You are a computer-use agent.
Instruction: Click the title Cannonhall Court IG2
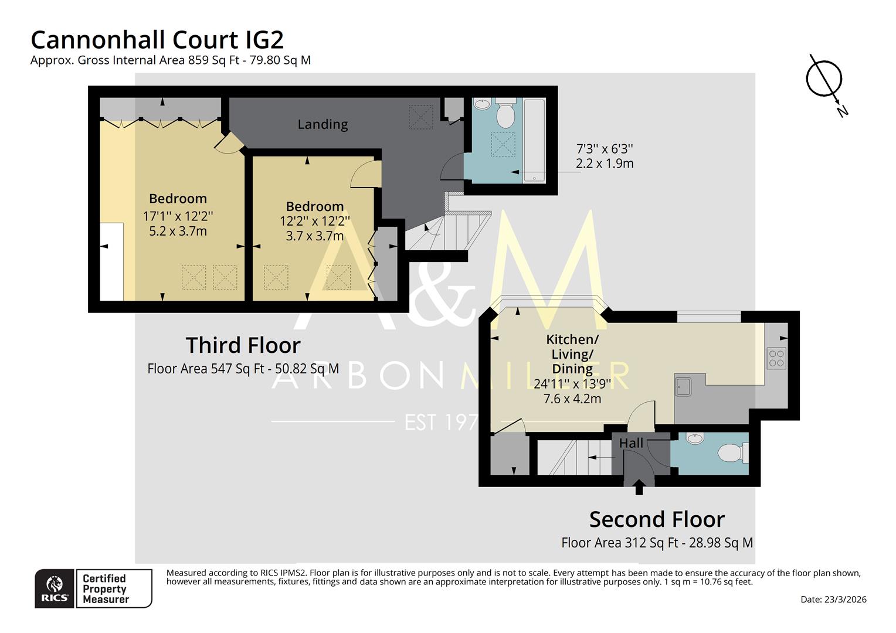157,40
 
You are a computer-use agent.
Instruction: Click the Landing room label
323,124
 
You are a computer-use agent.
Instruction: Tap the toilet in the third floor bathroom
505,114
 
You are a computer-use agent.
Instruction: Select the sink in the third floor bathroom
481,105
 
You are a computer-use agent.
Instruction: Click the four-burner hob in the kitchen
776,358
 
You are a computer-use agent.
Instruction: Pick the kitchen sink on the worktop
683,386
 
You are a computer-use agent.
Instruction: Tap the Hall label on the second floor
631,444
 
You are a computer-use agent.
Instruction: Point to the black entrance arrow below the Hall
639,486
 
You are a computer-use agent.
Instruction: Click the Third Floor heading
243,345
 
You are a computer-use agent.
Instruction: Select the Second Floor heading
657,519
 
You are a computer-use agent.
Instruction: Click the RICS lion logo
55,588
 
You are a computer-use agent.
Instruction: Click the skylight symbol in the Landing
420,117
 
